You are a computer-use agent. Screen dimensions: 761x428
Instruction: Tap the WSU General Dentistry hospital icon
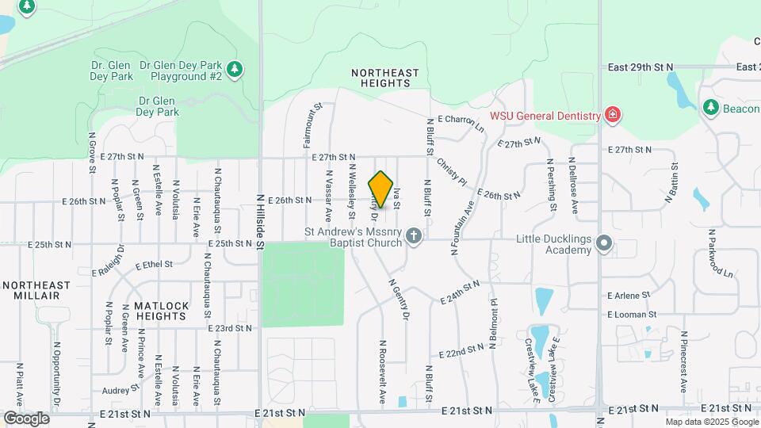(612, 116)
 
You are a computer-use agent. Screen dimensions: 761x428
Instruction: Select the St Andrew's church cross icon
(413, 236)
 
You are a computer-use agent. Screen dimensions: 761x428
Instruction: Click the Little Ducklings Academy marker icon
(604, 243)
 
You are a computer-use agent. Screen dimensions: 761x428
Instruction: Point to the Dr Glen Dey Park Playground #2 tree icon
(234, 71)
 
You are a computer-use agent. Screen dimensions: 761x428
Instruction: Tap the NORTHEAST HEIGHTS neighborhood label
(384, 78)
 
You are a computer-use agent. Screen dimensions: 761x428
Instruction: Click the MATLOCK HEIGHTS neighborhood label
(161, 311)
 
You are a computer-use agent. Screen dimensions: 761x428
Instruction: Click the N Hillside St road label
(260, 222)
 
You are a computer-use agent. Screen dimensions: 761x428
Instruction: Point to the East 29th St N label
(640, 67)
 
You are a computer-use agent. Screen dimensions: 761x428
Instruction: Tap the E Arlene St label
(629, 295)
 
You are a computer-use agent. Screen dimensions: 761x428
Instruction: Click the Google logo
(26, 418)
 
